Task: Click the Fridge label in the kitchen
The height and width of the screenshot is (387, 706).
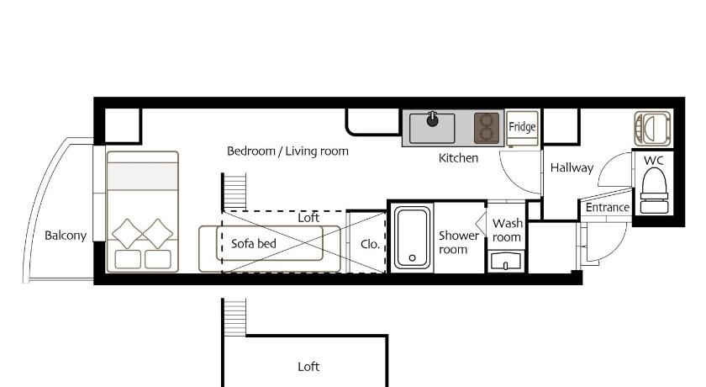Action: (x=522, y=126)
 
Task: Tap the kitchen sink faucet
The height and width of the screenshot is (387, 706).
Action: (x=433, y=119)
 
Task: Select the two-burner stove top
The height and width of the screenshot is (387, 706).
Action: (x=487, y=128)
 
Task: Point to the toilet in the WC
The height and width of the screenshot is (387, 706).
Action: (x=654, y=189)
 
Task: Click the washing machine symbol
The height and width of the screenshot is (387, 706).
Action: (x=652, y=129)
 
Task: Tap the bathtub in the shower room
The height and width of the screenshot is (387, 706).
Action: (x=412, y=237)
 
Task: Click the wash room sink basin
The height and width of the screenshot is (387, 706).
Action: (x=506, y=262)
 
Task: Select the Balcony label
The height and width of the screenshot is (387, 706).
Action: (x=66, y=236)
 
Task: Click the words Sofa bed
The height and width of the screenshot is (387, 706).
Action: (x=254, y=244)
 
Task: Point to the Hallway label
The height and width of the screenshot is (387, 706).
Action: (x=572, y=167)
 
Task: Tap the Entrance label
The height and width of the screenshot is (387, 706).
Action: (x=608, y=207)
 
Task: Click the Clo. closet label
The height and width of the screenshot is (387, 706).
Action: (x=370, y=244)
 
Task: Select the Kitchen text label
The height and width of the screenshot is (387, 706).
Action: (x=458, y=157)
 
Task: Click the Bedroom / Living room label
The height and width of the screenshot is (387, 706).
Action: (x=287, y=151)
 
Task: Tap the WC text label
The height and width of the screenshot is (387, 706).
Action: (x=653, y=161)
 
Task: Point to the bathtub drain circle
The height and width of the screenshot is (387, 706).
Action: (x=412, y=257)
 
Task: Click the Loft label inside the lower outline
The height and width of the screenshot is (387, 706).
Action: (x=308, y=366)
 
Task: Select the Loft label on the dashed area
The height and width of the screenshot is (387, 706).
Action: (x=308, y=218)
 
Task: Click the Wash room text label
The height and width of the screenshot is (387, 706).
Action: (x=508, y=230)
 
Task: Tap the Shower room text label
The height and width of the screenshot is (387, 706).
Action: (x=458, y=242)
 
